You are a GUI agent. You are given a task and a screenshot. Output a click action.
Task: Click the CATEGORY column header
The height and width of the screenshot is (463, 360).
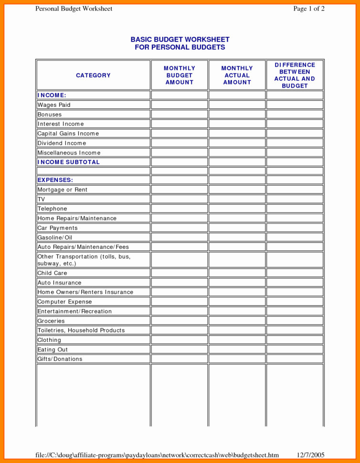93,75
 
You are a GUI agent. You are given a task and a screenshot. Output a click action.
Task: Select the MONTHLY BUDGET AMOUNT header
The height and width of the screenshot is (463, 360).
180,75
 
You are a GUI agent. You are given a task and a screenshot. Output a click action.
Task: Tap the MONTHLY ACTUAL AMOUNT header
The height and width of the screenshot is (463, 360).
237,75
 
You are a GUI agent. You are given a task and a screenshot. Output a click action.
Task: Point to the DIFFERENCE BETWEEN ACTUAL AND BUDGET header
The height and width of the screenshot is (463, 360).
295,75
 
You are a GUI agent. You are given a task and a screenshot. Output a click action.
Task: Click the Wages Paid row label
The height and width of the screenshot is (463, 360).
54,105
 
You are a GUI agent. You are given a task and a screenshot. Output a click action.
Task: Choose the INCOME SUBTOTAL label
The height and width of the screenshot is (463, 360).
69,162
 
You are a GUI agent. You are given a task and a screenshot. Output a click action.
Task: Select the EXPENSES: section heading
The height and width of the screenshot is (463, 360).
55,180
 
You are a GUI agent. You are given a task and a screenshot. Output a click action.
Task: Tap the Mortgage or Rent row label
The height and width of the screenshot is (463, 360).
63,190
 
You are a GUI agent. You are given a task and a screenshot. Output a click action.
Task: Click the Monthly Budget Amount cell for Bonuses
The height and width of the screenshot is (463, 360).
180,115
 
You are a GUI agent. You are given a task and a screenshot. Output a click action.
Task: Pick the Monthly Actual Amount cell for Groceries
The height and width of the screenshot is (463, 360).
237,321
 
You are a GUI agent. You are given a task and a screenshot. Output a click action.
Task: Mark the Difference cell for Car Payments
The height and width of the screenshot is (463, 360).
295,228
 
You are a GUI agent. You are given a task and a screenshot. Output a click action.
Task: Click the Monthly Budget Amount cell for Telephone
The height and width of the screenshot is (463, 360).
180,209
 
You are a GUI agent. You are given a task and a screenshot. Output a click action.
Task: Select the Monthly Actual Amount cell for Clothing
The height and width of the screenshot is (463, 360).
237,340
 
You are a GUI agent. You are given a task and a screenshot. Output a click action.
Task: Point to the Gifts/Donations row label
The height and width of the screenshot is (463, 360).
60,359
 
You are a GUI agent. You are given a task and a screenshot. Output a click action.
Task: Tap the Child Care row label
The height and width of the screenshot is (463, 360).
53,273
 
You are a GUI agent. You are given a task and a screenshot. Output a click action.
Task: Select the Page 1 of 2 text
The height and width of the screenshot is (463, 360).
309,9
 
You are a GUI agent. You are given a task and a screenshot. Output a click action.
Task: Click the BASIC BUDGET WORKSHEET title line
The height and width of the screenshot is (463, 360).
180,40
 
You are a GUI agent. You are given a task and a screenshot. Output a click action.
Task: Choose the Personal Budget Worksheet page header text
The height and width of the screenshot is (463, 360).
74,9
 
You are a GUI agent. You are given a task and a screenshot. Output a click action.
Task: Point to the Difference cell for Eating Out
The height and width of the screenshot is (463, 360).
295,349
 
